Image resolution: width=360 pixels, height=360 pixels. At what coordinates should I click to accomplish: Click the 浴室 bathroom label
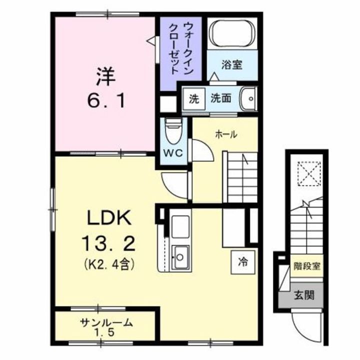tap(233, 65)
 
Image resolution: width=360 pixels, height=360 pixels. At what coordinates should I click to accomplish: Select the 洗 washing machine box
tap(193, 98)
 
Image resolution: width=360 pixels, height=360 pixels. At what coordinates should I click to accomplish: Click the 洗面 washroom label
tap(220, 98)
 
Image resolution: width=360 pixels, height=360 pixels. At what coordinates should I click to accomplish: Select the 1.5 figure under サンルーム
tap(106, 332)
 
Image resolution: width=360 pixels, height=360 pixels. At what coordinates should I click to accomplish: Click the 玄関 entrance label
tap(304, 295)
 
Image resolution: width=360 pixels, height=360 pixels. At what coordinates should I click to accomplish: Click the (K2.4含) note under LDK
tap(109, 264)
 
